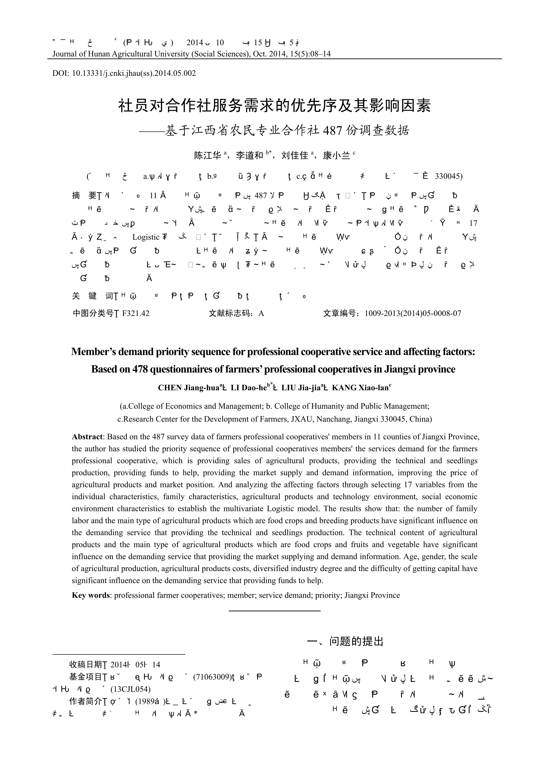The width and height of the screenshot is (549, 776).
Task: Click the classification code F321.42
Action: point(136,313)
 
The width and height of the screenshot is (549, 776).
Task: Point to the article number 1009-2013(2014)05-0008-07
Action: point(413,313)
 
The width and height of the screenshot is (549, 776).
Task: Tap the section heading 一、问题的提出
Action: point(345,641)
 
